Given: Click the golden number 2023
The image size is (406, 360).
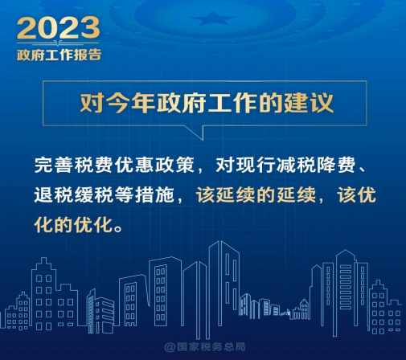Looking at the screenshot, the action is pyautogui.click(x=59, y=27).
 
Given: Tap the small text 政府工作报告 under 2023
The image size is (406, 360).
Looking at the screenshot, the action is pyautogui.click(x=59, y=55).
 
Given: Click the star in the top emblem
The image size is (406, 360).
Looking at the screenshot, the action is pyautogui.click(x=214, y=18).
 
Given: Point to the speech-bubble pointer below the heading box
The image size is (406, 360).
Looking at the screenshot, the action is pyautogui.click(x=199, y=132).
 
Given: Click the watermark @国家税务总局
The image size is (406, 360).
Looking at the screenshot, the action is pyautogui.click(x=205, y=347).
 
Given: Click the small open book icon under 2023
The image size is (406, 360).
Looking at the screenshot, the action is pyautogui.click(x=58, y=43).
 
